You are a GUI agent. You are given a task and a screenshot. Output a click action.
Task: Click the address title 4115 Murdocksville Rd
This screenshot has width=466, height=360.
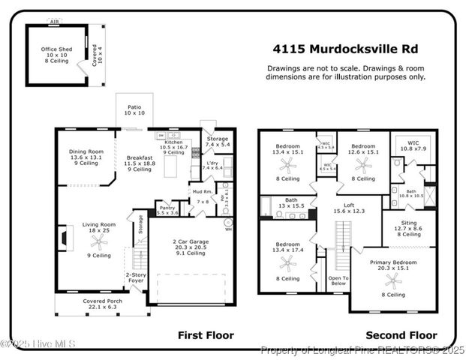[345, 49]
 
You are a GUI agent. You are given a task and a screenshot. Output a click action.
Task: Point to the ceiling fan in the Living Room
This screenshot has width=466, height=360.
[95, 241]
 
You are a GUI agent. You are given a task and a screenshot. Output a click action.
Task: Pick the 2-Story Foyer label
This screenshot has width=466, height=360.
[136, 278]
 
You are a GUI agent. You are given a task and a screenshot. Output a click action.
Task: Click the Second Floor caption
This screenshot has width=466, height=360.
[401, 335]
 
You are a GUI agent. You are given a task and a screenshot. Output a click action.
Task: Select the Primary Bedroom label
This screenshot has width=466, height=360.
[392, 265]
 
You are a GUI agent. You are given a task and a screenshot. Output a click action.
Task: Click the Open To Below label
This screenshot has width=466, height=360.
[338, 281]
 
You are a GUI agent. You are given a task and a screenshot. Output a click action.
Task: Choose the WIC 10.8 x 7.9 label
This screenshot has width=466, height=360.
[413, 145]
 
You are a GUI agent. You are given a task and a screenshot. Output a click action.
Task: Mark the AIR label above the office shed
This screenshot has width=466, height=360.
[53, 22]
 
